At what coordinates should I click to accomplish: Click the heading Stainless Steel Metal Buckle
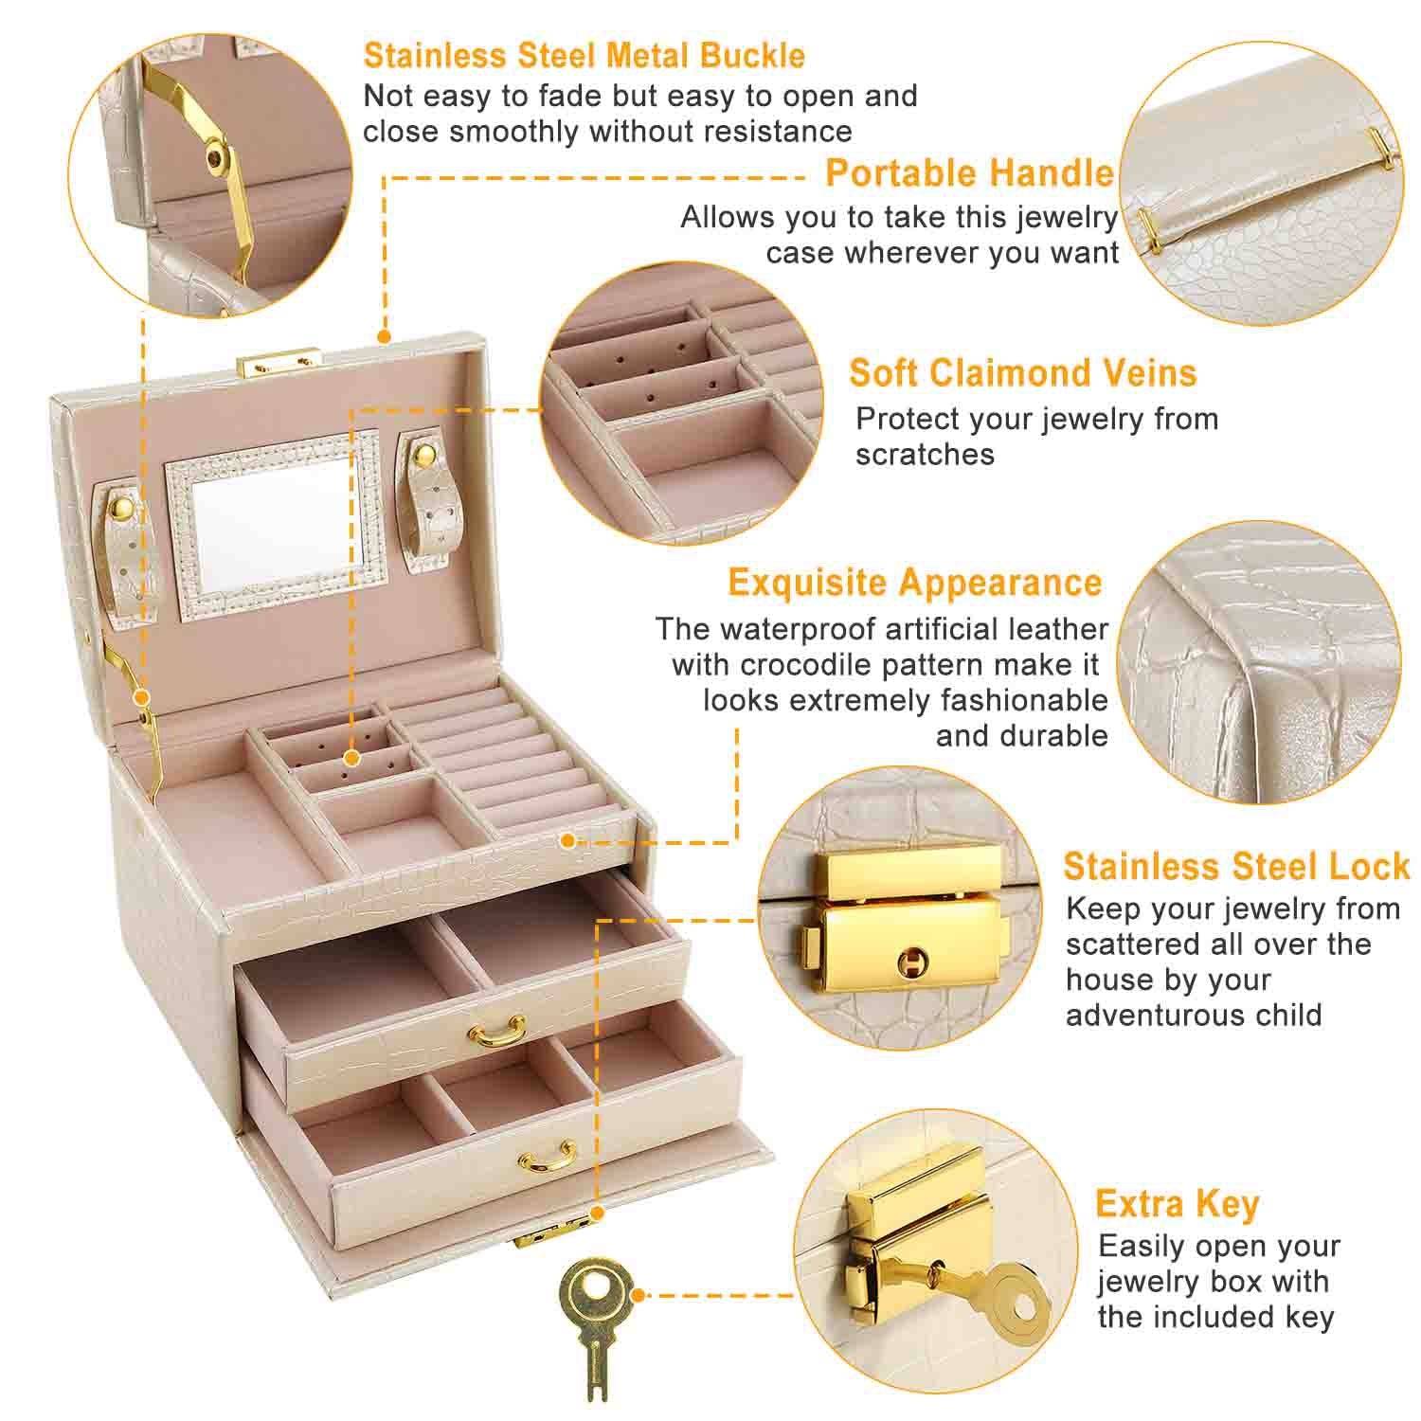click(584, 55)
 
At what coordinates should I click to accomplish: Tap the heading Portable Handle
click(969, 173)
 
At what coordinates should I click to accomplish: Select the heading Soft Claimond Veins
click(1022, 372)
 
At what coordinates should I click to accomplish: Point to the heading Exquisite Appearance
click(914, 582)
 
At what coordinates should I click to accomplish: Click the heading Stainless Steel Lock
click(1236, 866)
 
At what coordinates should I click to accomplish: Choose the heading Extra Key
click(1177, 1203)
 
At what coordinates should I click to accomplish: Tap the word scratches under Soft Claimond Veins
click(924, 455)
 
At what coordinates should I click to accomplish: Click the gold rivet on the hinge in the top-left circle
click(220, 160)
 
